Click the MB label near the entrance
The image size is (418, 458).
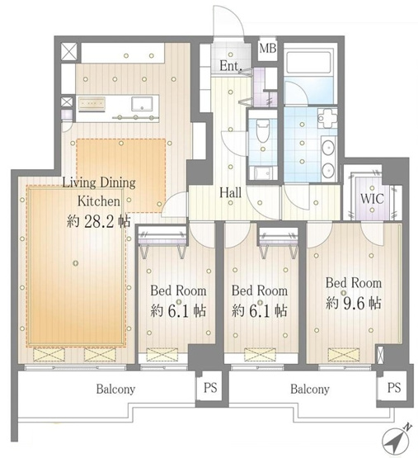[x=267, y=48]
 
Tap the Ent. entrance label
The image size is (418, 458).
[x=230, y=66]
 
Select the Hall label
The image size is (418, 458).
[x=230, y=193]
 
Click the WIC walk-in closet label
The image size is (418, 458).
[x=372, y=199]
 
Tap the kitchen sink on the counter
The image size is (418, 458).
[x=142, y=104]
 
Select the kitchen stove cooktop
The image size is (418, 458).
[x=92, y=104]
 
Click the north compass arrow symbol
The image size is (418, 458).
[x=396, y=439]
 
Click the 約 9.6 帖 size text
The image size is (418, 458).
[x=353, y=303]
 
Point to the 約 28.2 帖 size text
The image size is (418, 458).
[x=98, y=221]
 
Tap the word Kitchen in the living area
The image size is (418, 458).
[x=99, y=201]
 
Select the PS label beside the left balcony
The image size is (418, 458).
[x=210, y=388]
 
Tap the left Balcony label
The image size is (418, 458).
[x=115, y=390]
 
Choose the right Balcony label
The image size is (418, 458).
[x=310, y=390]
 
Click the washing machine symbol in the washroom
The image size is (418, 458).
[x=327, y=118]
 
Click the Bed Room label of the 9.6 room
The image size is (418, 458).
[x=354, y=283]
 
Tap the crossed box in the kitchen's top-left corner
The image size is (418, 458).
[x=69, y=52]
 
